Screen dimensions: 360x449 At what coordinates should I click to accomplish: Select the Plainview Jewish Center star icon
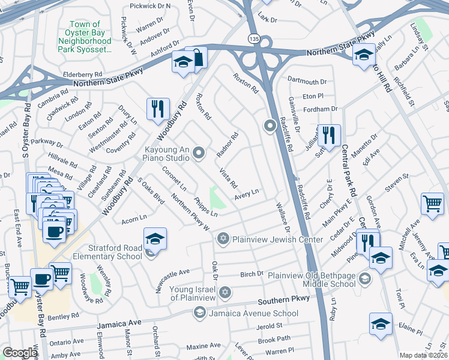pos(223,239)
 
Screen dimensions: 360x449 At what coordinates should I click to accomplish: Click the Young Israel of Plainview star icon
pos(224,292)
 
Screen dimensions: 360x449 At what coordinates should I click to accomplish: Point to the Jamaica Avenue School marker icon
pos(199,313)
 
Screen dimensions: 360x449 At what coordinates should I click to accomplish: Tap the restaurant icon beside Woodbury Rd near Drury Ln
pos(158,109)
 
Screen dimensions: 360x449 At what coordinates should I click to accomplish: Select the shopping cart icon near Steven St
pos(432,204)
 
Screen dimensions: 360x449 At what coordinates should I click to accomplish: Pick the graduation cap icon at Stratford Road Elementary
pos(155,239)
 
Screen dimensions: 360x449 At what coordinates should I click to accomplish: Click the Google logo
pos(20,353)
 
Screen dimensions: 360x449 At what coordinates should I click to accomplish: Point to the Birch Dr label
pos(252,274)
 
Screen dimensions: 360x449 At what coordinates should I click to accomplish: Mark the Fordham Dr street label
pos(322,109)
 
